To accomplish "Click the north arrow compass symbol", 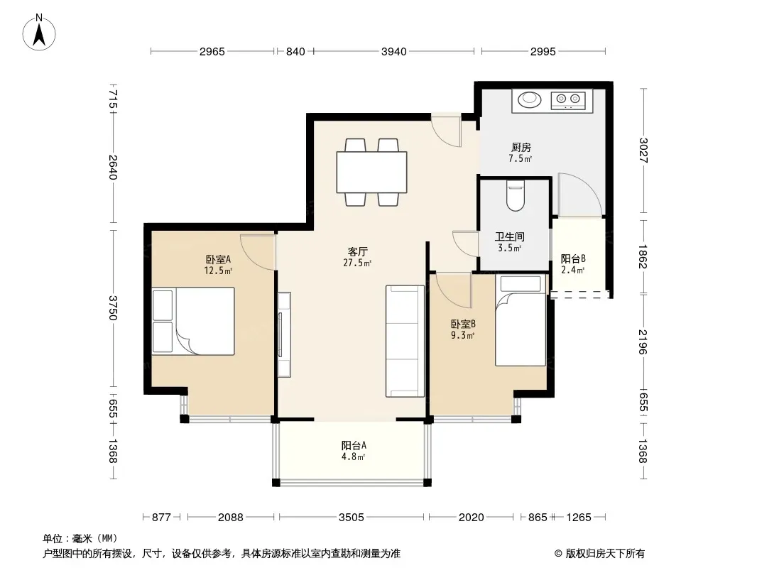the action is coord(39,33).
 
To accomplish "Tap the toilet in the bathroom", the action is coord(515,196).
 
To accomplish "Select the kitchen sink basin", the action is coord(530,99).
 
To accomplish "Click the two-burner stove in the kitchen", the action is coord(568,99).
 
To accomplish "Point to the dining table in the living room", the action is coord(371,173).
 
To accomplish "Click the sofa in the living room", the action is coord(405,342).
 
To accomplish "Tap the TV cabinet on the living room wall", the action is coord(284,334).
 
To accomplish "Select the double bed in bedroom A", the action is coord(193,322).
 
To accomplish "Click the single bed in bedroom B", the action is coord(521,320).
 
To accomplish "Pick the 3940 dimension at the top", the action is coord(394,51).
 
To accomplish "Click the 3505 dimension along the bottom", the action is coord(351,518).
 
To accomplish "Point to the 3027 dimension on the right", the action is coord(643,150).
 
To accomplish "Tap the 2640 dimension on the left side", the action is coord(112,167).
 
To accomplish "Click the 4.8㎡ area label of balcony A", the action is coord(354,457).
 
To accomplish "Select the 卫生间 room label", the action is coord(509,236).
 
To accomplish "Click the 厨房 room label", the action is coord(521,147).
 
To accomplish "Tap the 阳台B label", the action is coord(573,258).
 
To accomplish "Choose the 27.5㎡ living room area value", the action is coord(357,263).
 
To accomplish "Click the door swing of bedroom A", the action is coord(258,251).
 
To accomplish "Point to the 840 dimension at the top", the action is coord(295,51).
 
